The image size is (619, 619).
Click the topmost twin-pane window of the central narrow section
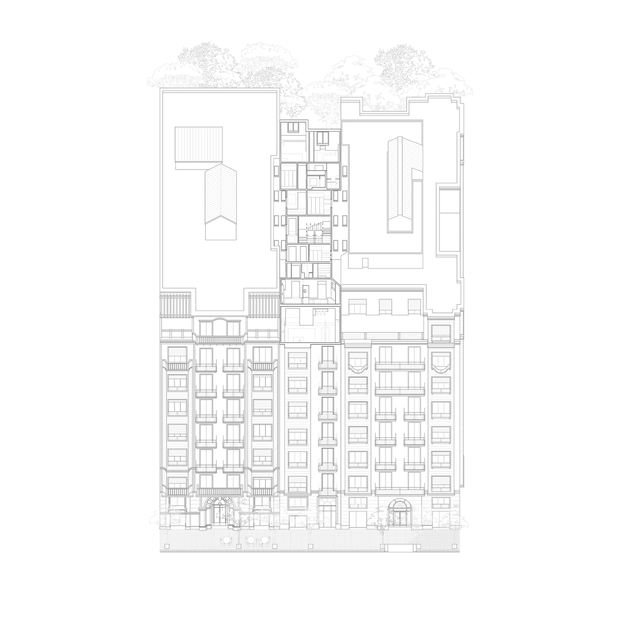tap(293, 127)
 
